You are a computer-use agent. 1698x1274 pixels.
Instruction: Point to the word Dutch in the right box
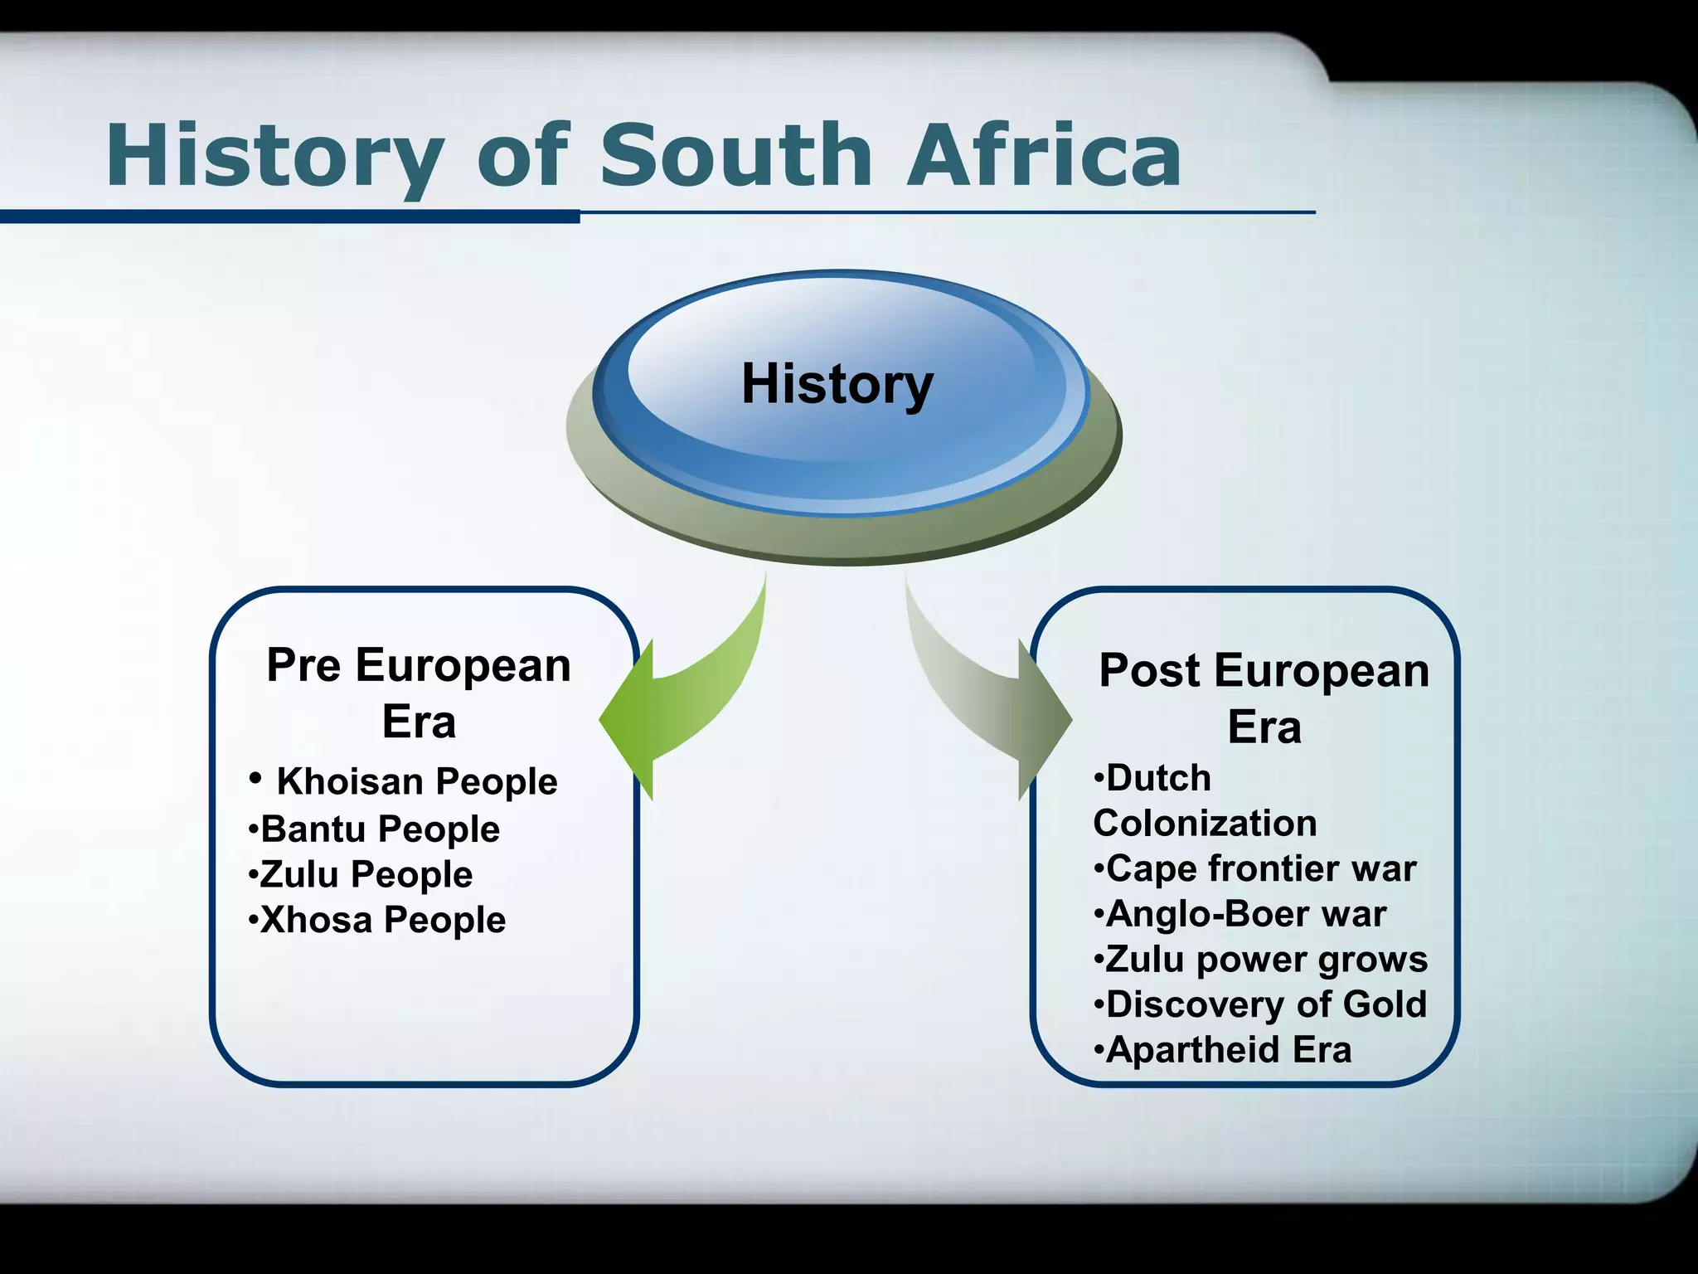(x=1158, y=778)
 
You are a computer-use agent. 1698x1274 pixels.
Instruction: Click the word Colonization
(x=1205, y=824)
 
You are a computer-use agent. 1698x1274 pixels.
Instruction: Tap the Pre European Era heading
(x=419, y=693)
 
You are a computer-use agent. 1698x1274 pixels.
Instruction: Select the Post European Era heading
(x=1264, y=698)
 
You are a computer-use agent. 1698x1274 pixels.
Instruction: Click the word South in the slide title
(x=735, y=156)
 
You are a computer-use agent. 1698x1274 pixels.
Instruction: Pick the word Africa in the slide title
(x=1044, y=156)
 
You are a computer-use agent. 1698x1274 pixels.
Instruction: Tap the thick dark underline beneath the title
(x=289, y=217)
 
